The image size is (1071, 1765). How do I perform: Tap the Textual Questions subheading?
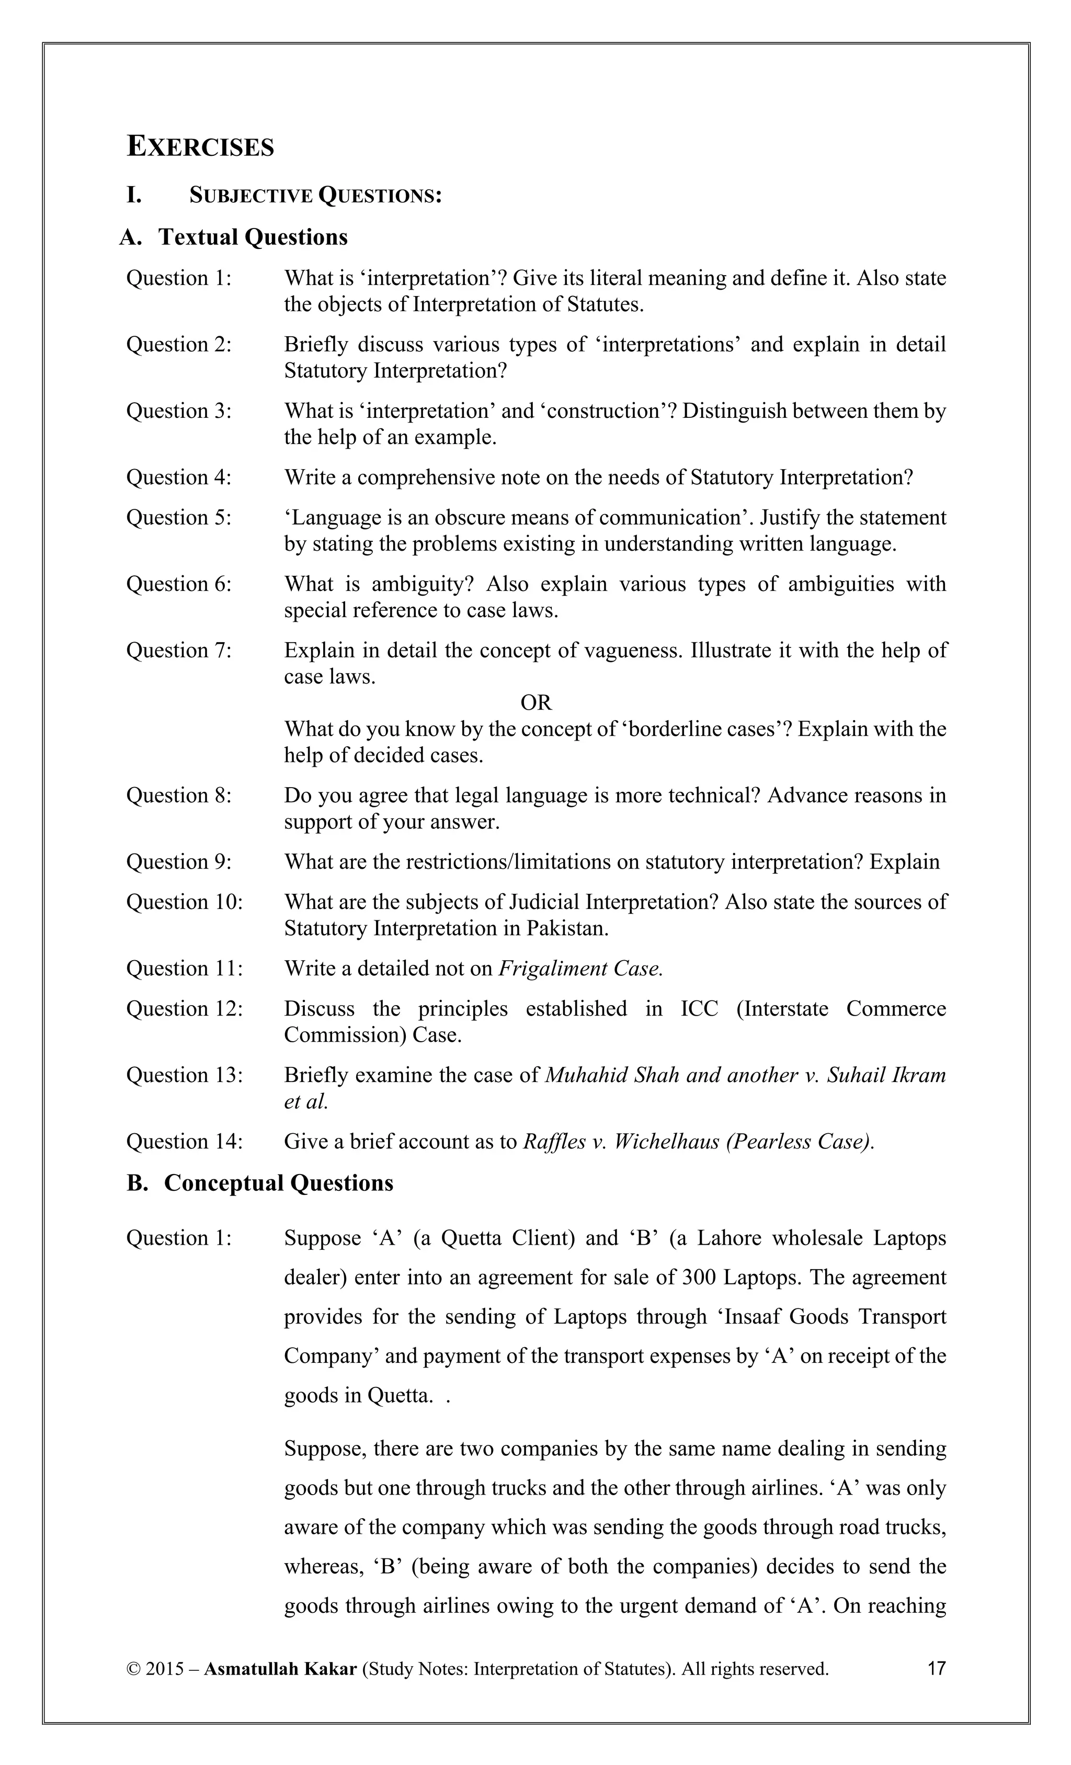point(252,237)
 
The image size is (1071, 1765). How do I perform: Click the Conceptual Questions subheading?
point(278,1182)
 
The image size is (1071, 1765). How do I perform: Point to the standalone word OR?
point(536,703)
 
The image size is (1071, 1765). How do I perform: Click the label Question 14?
point(184,1141)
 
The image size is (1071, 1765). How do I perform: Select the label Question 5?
point(178,517)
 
